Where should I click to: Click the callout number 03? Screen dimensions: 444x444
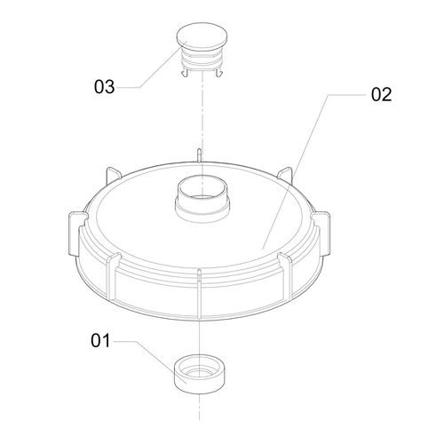point(104,87)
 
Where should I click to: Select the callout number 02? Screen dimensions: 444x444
point(382,95)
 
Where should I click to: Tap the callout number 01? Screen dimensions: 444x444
point(100,341)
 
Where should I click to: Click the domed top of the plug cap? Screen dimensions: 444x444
point(202,35)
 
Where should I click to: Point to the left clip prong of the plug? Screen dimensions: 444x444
point(185,73)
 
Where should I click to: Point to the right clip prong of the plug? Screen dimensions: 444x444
point(218,73)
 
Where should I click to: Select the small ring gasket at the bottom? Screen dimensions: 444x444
point(199,375)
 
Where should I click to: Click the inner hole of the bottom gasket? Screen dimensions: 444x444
point(199,371)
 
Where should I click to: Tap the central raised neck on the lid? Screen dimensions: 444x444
point(202,202)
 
